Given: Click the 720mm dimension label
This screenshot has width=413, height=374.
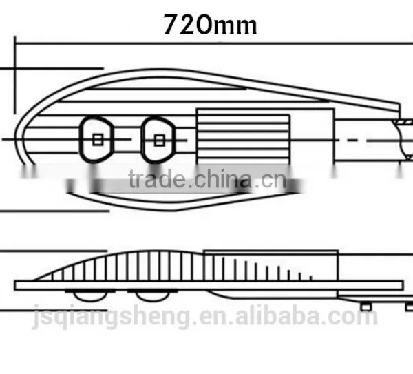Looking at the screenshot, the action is pyautogui.click(x=210, y=25).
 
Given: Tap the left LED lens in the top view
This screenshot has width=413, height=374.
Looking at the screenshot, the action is pyautogui.click(x=96, y=139).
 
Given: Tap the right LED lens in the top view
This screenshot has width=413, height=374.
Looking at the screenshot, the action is pyautogui.click(x=158, y=140).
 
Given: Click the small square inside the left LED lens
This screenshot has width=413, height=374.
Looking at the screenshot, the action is pyautogui.click(x=98, y=140).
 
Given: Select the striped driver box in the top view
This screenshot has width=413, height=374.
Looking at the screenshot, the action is pyautogui.click(x=243, y=139).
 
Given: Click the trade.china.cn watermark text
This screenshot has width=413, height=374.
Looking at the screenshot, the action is pyautogui.click(x=207, y=179).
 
